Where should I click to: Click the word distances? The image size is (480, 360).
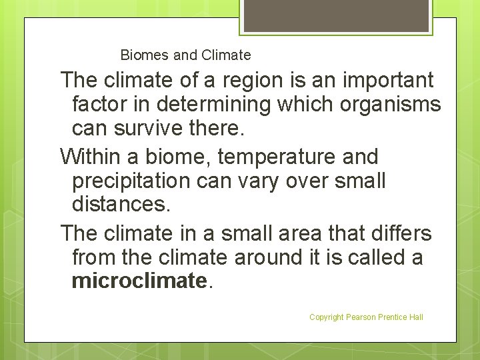(x=121, y=205)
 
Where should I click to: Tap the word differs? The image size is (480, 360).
(x=400, y=233)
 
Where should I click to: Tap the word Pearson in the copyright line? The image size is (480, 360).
(x=361, y=317)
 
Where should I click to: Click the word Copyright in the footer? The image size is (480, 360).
(x=326, y=317)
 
